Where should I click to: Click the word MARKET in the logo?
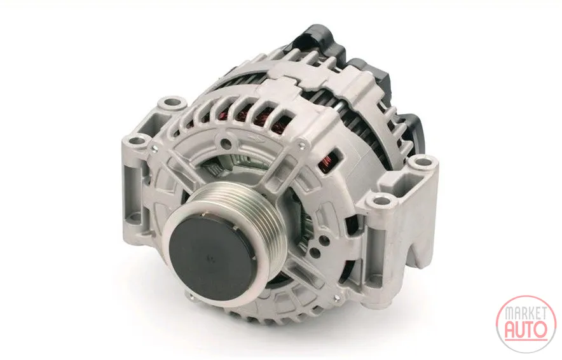tap(526, 313)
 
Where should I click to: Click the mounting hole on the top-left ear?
tap(173, 102)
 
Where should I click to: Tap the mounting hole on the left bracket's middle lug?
tap(136, 141)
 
